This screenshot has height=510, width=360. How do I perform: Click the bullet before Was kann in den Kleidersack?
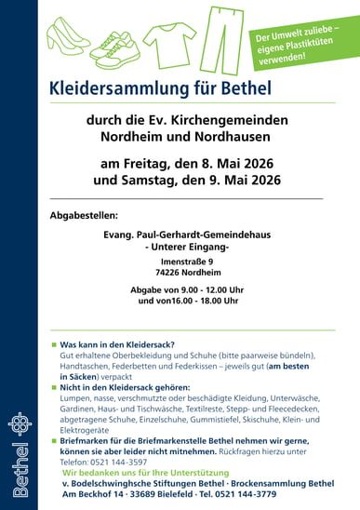(53, 344)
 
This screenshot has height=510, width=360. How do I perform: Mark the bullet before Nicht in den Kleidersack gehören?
(53, 385)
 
